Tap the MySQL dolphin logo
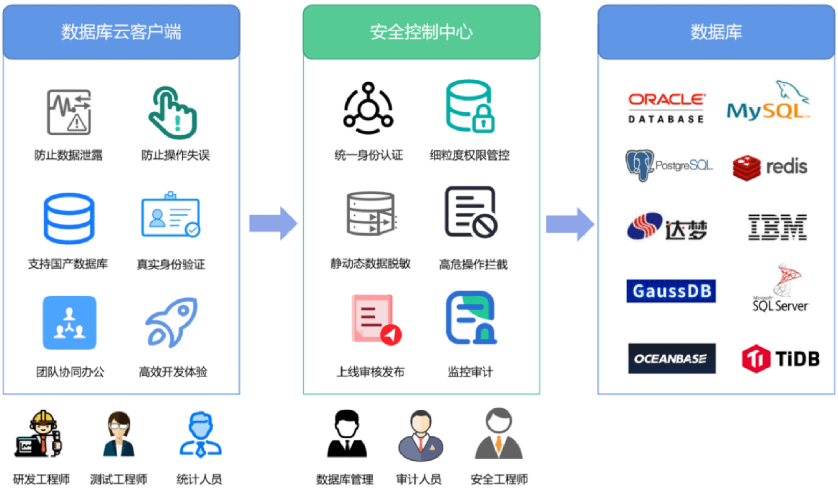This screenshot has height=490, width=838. click(x=768, y=101)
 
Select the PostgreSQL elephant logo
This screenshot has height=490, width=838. click(x=669, y=165)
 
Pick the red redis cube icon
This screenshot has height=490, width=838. click(x=747, y=168)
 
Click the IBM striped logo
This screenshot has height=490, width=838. click(x=777, y=227)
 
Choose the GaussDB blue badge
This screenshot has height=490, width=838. click(x=671, y=291)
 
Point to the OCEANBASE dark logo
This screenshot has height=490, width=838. click(x=672, y=358)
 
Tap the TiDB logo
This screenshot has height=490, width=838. click(x=781, y=358)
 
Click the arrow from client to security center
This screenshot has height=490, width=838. click(x=273, y=223)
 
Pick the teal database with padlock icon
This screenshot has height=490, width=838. click(x=470, y=106)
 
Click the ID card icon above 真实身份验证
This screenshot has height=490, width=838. click(x=170, y=215)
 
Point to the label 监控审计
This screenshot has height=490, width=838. click(x=470, y=372)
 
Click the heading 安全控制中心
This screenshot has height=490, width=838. click(x=421, y=32)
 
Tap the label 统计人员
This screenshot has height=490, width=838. click(x=199, y=480)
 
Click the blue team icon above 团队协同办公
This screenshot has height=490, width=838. click(x=69, y=322)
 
